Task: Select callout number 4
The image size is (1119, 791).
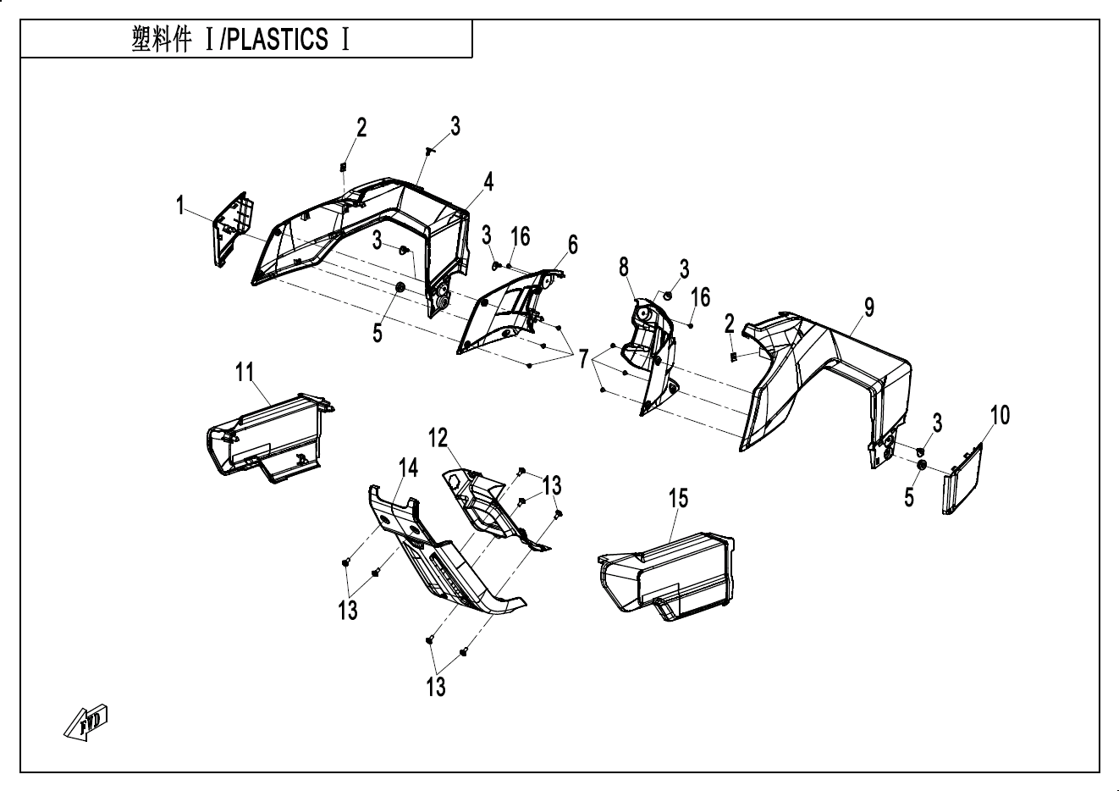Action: coord(489,180)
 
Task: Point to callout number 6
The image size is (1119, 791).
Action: coord(573,246)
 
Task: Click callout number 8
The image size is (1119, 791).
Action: coord(624,268)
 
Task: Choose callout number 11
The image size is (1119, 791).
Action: coord(245,372)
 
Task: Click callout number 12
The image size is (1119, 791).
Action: coord(438,438)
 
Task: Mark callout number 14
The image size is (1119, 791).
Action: coord(409,468)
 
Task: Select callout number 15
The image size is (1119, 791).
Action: coord(679,499)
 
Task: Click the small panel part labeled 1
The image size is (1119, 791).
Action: coord(230,228)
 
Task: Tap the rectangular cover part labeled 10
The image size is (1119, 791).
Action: coord(962,481)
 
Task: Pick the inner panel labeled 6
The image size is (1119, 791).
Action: coord(508,313)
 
